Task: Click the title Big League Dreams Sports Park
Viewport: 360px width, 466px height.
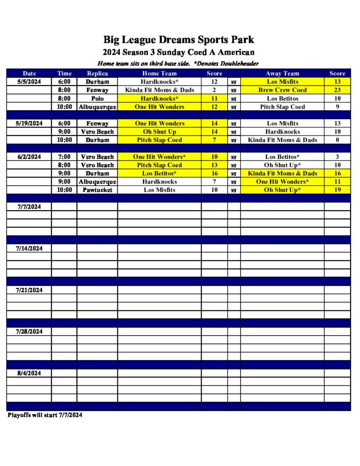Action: pyautogui.click(x=179, y=40)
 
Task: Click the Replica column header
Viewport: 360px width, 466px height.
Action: pyautogui.click(x=97, y=73)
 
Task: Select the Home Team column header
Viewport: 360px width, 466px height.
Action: pyautogui.click(x=159, y=73)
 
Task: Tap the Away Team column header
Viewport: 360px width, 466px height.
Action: pyautogui.click(x=282, y=73)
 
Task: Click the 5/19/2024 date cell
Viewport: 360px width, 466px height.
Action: pyautogui.click(x=29, y=123)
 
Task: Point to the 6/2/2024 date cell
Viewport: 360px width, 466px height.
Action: pyautogui.click(x=29, y=157)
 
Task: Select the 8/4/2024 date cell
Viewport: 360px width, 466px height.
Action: pyautogui.click(x=29, y=373)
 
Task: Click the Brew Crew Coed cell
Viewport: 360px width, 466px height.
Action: pyautogui.click(x=282, y=90)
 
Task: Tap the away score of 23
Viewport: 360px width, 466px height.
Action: pyautogui.click(x=337, y=90)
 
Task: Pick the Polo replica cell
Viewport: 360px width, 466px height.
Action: pyautogui.click(x=97, y=98)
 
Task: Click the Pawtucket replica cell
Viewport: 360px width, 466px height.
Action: pyautogui.click(x=97, y=190)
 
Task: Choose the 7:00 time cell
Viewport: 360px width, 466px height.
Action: pyautogui.click(x=64, y=157)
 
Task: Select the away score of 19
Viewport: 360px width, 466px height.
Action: pyautogui.click(x=337, y=190)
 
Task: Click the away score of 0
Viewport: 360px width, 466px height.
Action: pyautogui.click(x=337, y=140)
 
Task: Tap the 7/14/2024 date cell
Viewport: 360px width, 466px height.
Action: pyautogui.click(x=29, y=248)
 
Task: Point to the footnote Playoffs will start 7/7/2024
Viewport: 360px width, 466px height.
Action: pyautogui.click(x=45, y=415)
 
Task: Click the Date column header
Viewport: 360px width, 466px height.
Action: pyautogui.click(x=29, y=73)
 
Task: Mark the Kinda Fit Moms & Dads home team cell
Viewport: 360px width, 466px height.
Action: pyautogui.click(x=159, y=90)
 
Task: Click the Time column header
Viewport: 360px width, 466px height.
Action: pyautogui.click(x=64, y=73)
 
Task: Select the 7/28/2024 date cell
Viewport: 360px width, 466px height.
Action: pyautogui.click(x=29, y=332)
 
